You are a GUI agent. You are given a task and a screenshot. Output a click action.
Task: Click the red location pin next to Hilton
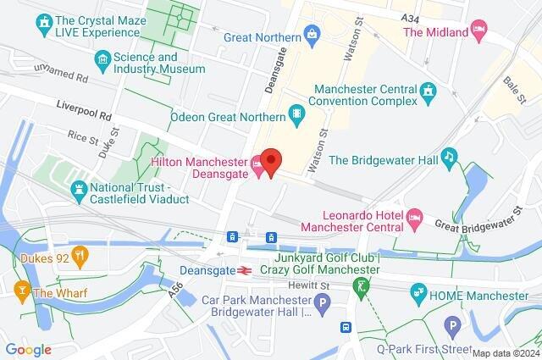270,159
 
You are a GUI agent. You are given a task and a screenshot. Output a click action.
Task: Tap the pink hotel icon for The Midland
479,32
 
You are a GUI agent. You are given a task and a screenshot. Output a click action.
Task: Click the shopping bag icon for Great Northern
312,36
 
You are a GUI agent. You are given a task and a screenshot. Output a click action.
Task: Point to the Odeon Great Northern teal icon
296,113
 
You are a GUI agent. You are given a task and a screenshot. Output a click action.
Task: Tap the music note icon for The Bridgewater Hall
451,158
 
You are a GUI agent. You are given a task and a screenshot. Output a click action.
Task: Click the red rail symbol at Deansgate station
242,270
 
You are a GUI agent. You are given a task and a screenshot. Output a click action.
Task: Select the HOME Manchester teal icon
418,295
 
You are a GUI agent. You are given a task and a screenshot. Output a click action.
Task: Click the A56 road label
176,288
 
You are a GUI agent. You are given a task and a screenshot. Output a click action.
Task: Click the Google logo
28,350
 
